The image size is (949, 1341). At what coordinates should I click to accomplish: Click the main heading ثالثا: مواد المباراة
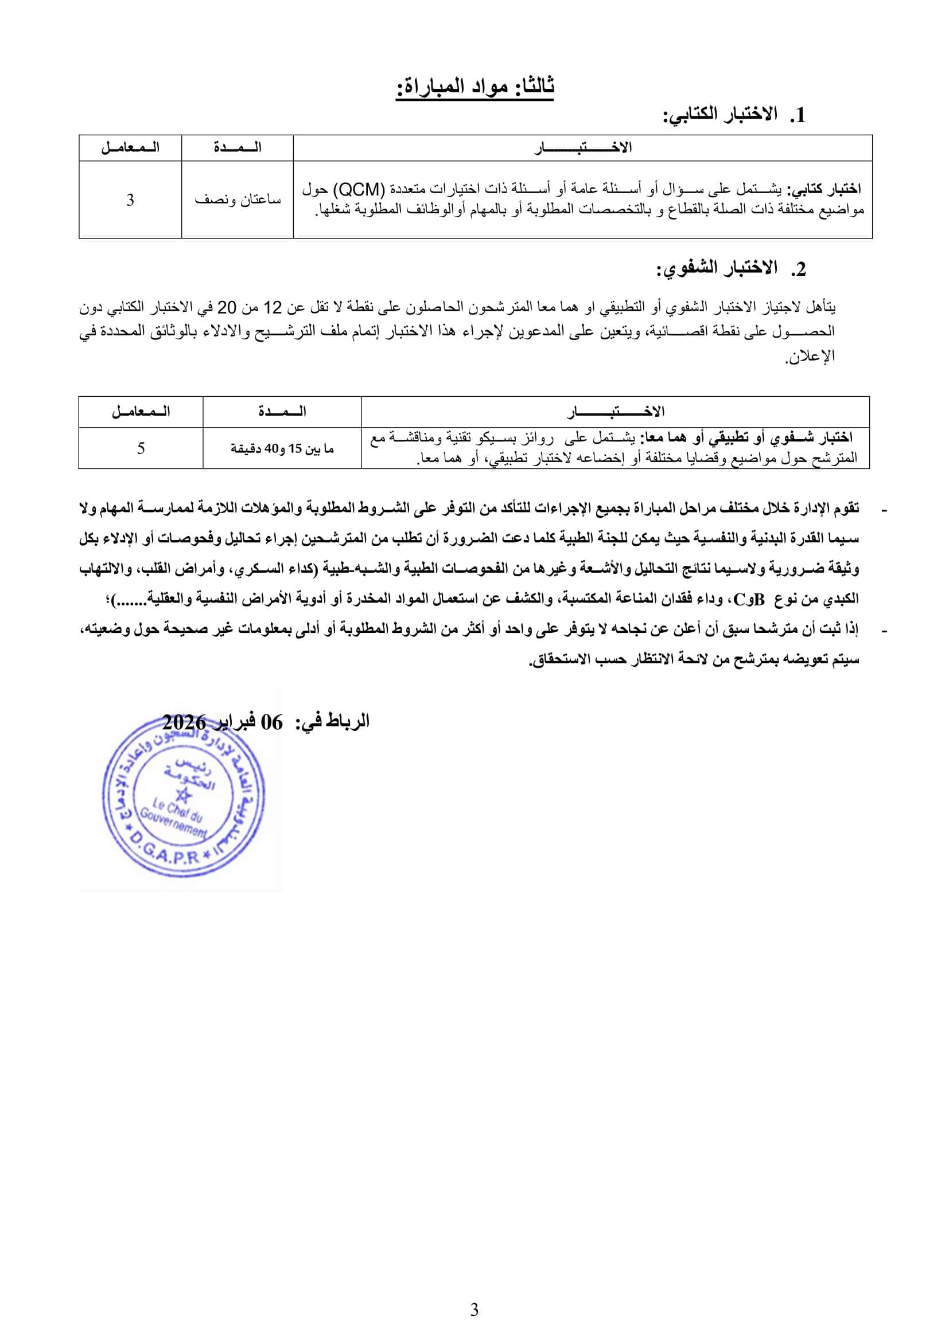(x=474, y=87)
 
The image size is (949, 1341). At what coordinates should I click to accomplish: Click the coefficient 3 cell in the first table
(x=130, y=200)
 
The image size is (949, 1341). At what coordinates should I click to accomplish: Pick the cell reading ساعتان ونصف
(x=238, y=200)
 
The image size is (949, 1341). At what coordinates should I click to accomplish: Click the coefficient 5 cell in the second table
(x=141, y=448)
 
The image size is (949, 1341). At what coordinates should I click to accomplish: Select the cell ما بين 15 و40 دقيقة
(x=282, y=448)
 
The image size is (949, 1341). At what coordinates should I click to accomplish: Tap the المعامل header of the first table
(x=130, y=148)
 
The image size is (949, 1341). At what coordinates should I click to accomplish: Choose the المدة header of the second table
(x=282, y=412)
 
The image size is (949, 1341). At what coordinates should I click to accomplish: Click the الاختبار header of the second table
(x=616, y=412)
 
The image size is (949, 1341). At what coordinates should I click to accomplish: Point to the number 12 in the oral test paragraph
(x=273, y=307)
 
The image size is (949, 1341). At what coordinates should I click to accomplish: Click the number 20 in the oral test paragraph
(x=227, y=307)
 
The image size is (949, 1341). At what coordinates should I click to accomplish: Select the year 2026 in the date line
(x=184, y=722)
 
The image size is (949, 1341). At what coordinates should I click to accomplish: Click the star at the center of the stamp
(x=184, y=795)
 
